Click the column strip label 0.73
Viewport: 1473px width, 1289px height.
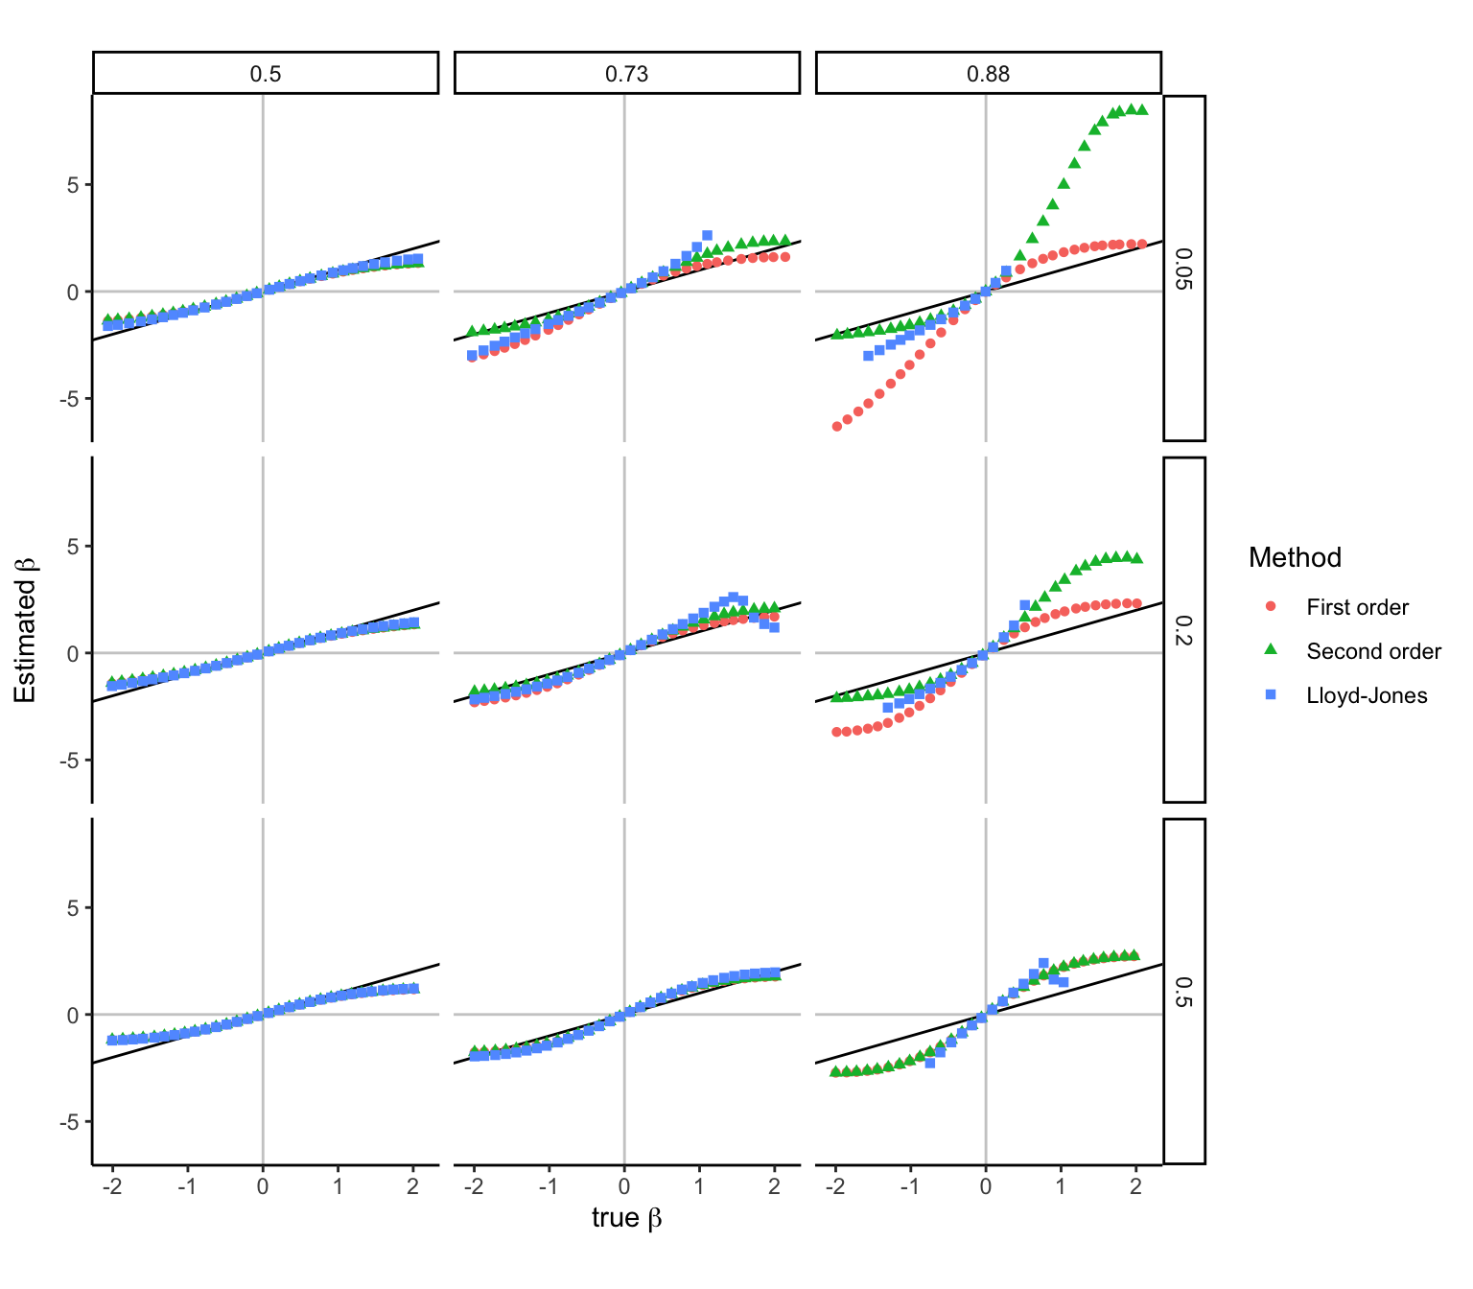[626, 74]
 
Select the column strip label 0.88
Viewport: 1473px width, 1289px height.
[988, 74]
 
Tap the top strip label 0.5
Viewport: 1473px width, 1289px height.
[266, 74]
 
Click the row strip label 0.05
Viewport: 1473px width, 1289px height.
[1184, 269]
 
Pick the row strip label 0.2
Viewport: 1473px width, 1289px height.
[1184, 630]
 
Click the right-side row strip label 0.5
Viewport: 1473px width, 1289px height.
[1184, 992]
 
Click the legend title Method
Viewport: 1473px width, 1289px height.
[1295, 557]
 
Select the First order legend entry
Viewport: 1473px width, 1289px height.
[1357, 607]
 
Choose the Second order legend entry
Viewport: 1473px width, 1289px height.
[1373, 651]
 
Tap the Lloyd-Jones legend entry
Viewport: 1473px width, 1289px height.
[1367, 695]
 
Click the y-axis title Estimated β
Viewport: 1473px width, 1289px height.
[26, 630]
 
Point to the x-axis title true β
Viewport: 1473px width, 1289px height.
[626, 1218]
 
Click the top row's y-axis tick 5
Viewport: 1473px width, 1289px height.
[73, 185]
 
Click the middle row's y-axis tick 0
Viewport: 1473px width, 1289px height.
[73, 653]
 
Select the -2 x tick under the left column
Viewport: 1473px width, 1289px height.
[111, 1186]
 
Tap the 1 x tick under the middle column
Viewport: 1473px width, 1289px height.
[699, 1186]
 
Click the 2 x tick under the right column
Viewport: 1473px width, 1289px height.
[1135, 1186]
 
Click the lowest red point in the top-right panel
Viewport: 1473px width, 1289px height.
[836, 426]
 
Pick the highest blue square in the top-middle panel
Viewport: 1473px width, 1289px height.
[707, 235]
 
